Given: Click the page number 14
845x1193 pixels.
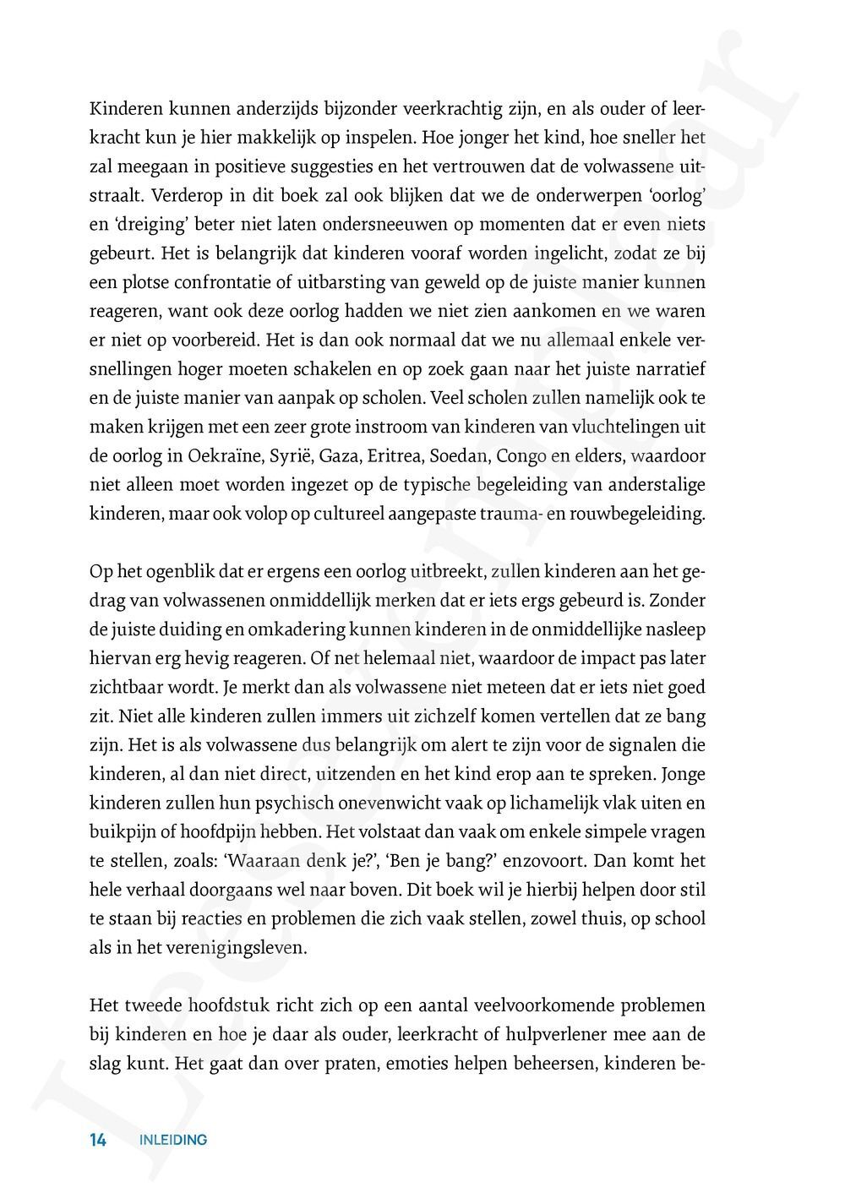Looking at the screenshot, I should [98, 1140].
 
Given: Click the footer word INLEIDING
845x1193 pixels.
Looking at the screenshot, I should [173, 1140].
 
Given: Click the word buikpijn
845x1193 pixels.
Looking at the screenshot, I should [121, 832].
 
